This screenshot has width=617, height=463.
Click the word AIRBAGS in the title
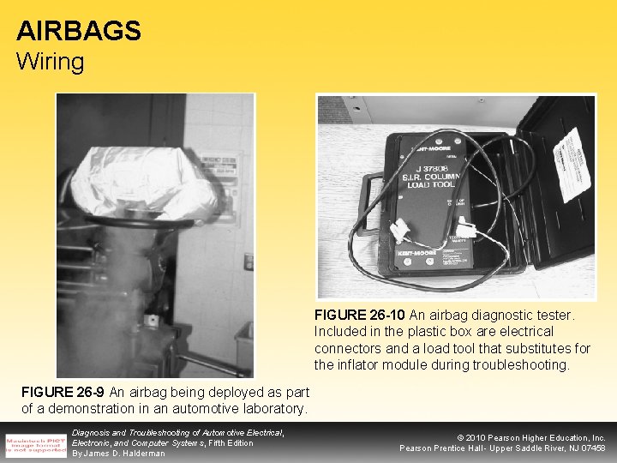(x=79, y=31)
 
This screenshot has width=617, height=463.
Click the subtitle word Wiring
(x=51, y=62)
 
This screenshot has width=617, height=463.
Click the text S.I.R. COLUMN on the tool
(x=429, y=178)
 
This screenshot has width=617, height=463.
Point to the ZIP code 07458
(x=590, y=448)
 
